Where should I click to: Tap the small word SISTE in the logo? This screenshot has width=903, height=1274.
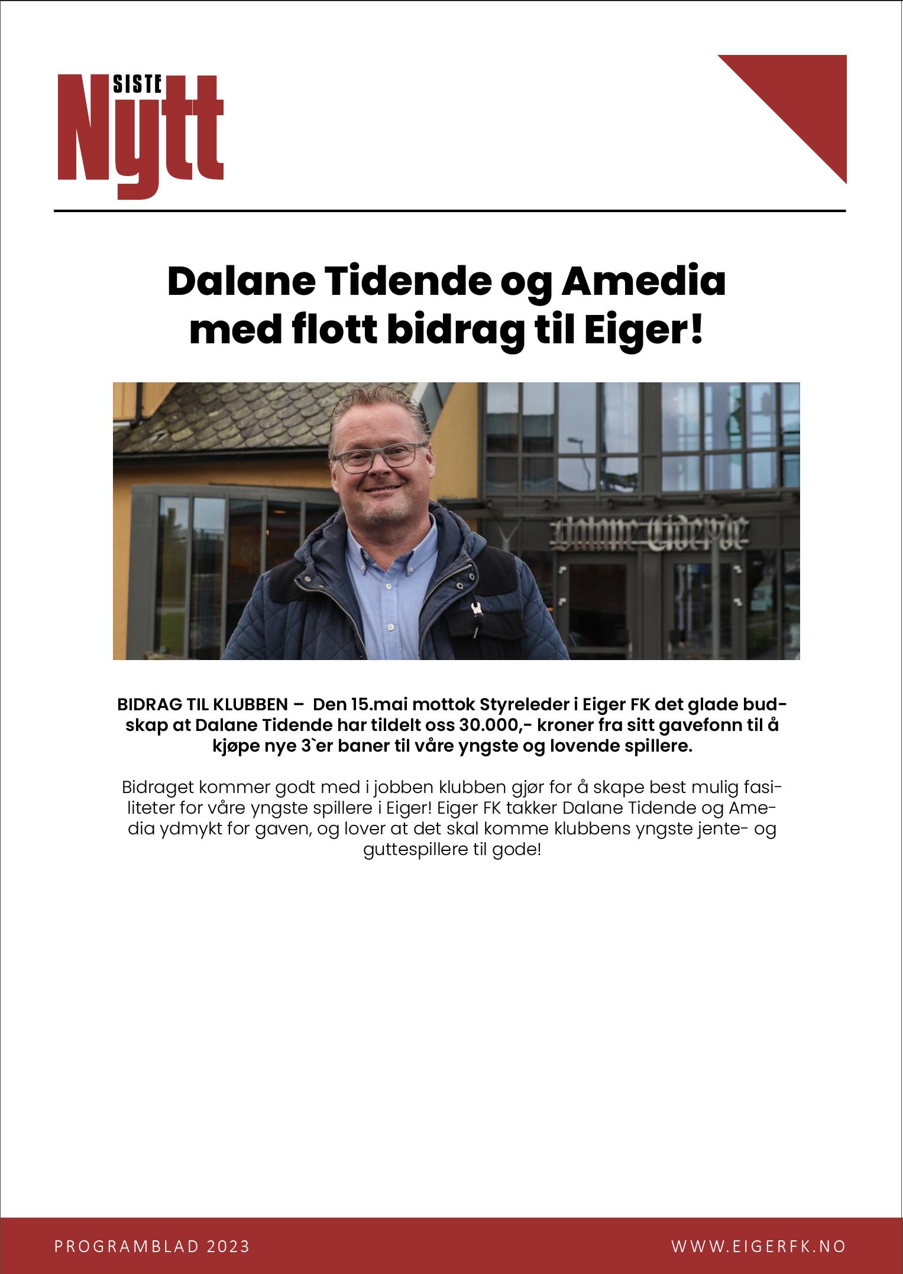tap(137, 85)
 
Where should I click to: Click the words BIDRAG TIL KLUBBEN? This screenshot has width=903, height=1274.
tap(202, 705)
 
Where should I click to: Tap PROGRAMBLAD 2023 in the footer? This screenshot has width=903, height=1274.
tap(152, 1246)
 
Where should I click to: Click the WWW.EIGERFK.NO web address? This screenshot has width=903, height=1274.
tap(759, 1246)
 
